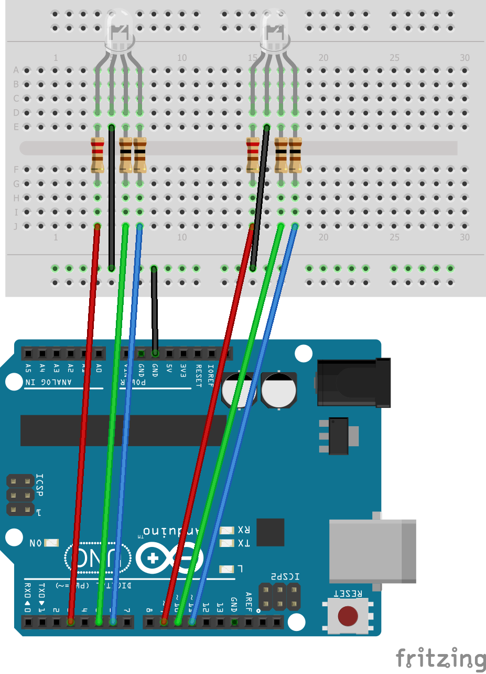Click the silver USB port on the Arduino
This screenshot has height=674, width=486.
[372, 551]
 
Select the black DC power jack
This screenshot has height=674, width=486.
[354, 382]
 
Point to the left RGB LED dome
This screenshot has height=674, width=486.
[120, 31]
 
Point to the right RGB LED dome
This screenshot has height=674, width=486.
[275, 31]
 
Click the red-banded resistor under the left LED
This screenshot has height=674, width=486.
[98, 155]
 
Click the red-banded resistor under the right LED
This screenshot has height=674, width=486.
[253, 155]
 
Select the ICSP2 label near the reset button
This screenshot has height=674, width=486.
[286, 576]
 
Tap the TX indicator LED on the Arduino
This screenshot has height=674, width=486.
[228, 543]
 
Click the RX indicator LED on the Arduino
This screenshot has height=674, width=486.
[228, 530]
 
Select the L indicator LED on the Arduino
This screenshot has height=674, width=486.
[226, 568]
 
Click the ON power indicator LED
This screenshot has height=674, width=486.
[52, 542]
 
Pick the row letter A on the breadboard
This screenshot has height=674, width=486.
[16, 70]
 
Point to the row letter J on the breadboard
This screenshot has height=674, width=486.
[16, 226]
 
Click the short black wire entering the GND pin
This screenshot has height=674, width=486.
[154, 310]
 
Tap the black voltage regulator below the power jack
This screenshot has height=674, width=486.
[339, 436]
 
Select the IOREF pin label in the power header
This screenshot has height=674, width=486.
[211, 375]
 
